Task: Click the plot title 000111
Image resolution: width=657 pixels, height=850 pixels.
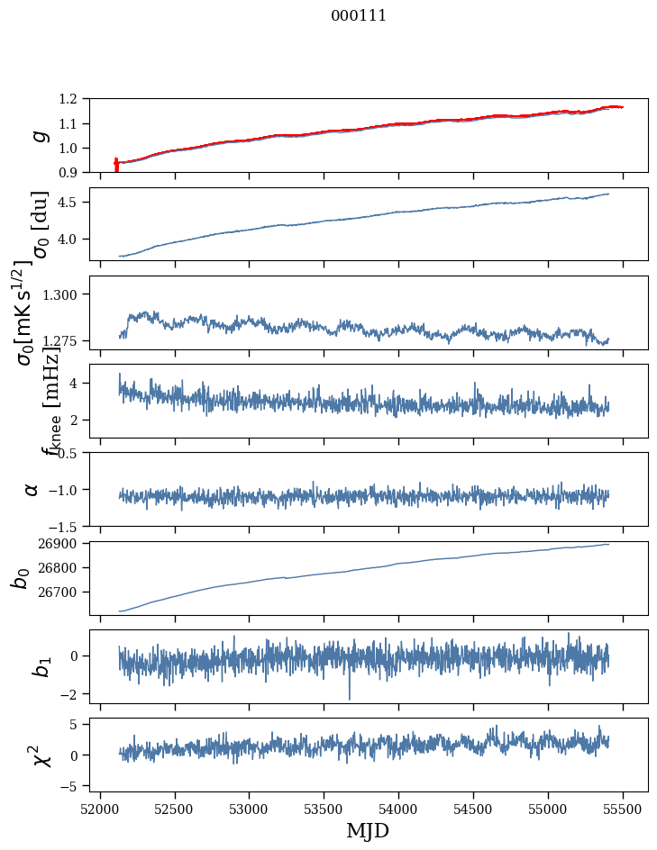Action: tap(359, 15)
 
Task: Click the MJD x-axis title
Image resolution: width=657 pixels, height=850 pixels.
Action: tap(368, 830)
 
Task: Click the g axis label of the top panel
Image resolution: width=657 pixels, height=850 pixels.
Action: tap(38, 135)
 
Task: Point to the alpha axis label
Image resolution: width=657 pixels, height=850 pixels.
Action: tap(32, 489)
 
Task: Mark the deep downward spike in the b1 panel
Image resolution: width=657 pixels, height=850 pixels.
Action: tap(350, 695)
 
